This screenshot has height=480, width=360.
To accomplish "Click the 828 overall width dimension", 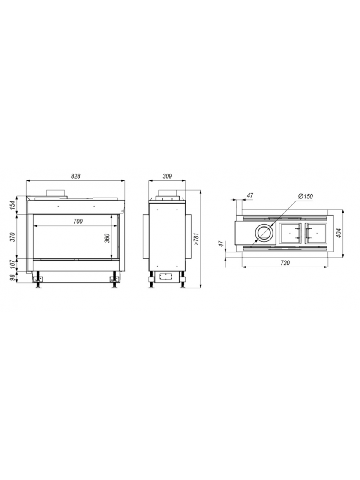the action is (75, 176).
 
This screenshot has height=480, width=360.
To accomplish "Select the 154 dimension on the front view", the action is (13, 205).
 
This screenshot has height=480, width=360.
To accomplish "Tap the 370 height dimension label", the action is (13, 237).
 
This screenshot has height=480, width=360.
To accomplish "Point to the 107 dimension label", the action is (13, 264).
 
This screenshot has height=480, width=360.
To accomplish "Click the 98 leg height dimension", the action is (13, 277).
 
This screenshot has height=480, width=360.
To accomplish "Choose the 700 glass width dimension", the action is (78, 221).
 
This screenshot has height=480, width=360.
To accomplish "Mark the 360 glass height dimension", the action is (107, 238).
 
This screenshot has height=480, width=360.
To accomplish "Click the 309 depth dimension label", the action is (167, 176).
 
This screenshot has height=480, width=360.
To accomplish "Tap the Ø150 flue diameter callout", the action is (305, 196).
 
